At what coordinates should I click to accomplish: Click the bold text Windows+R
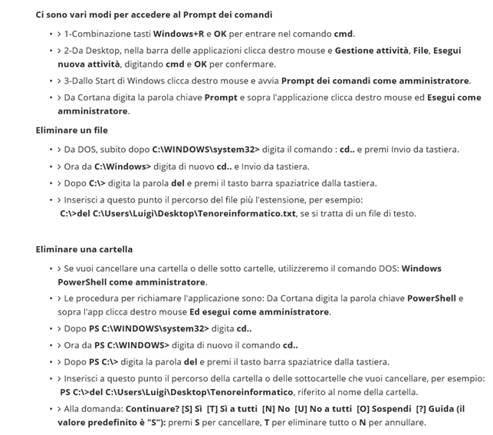click(178, 34)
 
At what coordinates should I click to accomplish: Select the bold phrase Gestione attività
click(372, 51)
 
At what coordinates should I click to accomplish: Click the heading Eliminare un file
click(72, 130)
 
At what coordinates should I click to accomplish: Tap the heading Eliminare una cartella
click(84, 249)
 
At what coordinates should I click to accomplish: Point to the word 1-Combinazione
click(94, 34)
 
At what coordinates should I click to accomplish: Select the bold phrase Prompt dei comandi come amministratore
click(375, 81)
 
